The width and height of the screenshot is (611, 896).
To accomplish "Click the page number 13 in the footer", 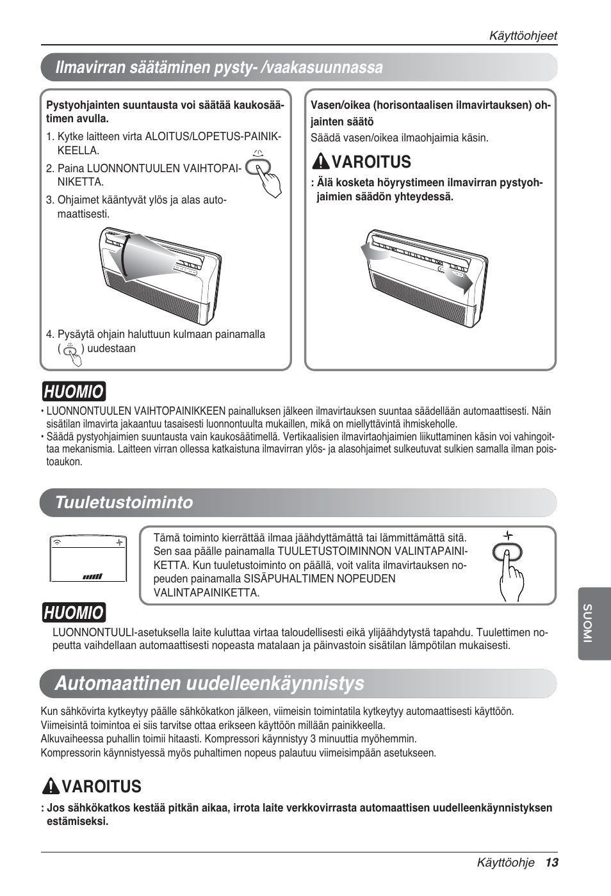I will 552,863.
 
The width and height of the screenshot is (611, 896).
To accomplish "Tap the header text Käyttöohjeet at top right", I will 523,36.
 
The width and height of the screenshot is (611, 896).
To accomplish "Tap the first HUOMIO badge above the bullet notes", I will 74,390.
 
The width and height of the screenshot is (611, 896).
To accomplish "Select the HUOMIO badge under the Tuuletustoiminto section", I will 74,612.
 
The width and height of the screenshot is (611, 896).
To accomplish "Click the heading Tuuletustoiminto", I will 124,502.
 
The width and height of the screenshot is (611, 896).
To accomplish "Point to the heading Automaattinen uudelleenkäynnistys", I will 209,684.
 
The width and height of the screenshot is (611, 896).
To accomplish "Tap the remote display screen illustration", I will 88,558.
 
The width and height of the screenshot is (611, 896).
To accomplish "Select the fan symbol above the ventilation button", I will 509,535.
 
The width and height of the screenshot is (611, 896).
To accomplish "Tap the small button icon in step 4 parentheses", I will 72,353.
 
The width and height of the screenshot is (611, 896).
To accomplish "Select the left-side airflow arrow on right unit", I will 373,252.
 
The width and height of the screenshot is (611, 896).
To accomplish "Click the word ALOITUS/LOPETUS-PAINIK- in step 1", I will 213,136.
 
